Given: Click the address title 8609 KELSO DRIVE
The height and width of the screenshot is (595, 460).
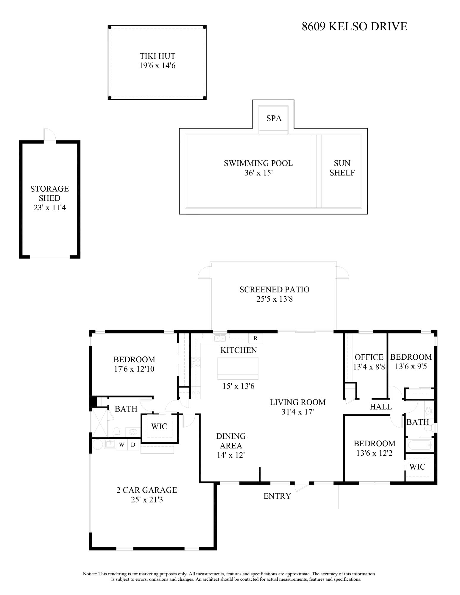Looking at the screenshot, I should click(354, 26).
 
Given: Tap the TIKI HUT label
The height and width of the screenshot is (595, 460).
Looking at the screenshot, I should click(158, 56).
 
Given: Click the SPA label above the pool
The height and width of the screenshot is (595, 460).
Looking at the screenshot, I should click(274, 118).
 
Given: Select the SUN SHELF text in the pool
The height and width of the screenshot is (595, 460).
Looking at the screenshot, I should click(342, 168).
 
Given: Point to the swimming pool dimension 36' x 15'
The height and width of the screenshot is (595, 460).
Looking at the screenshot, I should click(258, 173).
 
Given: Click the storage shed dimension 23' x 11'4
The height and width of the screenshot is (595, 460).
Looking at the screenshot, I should click(50, 208).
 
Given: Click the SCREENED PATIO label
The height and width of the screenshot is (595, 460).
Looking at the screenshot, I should click(274, 289).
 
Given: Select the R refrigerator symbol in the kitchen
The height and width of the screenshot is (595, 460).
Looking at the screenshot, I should click(255, 339).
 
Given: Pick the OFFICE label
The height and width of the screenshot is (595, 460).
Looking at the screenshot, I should click(369, 357).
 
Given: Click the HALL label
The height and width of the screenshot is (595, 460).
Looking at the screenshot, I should click(381, 407).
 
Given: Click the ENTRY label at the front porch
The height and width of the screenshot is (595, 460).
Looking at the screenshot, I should click(277, 496).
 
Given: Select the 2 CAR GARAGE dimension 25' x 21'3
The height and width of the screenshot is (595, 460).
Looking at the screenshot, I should click(147, 500).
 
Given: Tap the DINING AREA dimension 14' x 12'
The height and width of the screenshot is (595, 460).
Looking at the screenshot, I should click(231, 455).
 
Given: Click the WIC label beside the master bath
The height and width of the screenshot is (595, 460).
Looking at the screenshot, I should click(159, 426).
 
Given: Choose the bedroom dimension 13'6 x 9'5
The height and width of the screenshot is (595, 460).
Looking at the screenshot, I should click(411, 367).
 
